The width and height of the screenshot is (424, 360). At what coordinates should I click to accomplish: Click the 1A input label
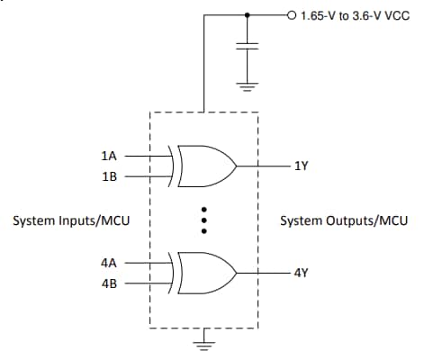click(110, 156)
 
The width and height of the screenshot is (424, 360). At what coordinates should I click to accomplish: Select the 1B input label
click(110, 176)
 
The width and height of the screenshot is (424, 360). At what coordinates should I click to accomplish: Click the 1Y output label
click(301, 166)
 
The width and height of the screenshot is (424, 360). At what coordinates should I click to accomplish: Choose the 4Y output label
click(301, 272)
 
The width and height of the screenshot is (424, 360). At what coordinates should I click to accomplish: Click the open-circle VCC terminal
click(290, 15)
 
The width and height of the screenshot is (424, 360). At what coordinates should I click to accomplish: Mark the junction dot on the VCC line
click(247, 15)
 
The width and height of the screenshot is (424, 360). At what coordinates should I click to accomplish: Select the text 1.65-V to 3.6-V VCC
click(353, 15)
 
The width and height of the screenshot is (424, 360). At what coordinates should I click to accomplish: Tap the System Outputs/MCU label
click(344, 220)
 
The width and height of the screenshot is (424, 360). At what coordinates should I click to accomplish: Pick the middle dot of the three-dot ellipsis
click(205, 220)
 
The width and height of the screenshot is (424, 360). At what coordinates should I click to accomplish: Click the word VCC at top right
click(397, 15)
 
